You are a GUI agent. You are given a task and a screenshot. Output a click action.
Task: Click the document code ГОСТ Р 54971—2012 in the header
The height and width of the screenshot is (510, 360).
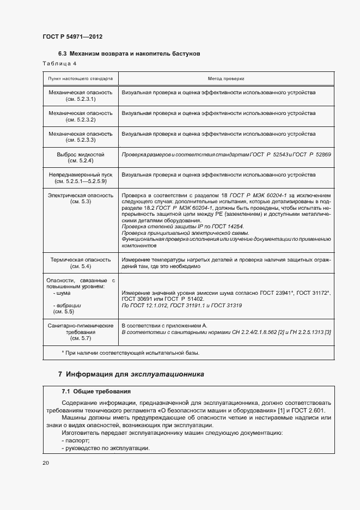click(x=72, y=37)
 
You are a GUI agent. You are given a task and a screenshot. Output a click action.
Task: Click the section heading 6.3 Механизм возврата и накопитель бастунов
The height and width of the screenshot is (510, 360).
click(x=130, y=54)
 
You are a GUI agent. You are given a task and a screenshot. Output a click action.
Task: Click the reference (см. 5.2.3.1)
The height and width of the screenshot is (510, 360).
click(x=81, y=99)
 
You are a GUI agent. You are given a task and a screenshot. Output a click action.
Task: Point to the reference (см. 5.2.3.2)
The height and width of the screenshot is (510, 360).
click(x=81, y=120)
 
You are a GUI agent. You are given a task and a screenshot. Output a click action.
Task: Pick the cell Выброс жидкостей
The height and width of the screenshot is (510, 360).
click(x=81, y=155)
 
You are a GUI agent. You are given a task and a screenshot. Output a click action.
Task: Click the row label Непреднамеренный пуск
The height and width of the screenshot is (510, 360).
click(x=81, y=175)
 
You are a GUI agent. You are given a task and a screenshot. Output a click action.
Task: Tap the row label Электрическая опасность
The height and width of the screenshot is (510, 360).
click(x=81, y=195)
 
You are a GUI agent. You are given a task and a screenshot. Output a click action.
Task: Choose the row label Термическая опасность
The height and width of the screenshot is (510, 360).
click(x=81, y=260)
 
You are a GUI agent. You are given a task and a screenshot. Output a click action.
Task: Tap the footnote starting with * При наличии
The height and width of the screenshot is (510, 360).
click(x=131, y=353)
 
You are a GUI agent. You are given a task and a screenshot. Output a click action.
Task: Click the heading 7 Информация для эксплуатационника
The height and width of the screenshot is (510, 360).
click(x=131, y=374)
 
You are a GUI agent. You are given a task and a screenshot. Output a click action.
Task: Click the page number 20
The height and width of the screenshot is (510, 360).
click(x=46, y=463)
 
